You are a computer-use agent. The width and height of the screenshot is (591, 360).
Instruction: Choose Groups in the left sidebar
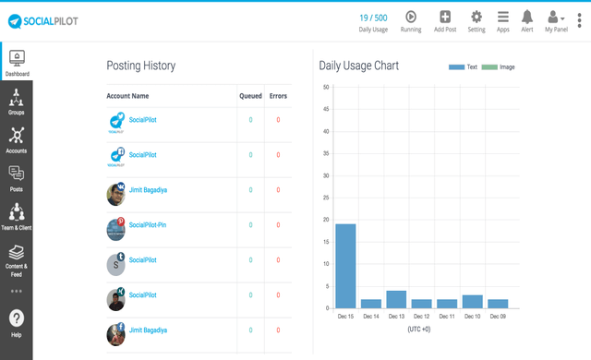16,101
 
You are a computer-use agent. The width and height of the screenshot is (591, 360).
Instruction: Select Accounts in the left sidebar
16,138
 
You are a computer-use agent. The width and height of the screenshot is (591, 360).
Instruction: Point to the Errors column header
278,96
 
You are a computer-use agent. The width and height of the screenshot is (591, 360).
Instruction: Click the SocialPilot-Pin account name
148,225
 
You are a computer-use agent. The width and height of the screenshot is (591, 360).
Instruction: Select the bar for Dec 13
396,299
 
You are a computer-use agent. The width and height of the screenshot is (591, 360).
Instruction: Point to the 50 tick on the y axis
326,88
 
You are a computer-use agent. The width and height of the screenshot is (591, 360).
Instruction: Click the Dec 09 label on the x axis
497,317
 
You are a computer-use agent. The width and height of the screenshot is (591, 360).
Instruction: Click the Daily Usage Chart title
364,66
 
